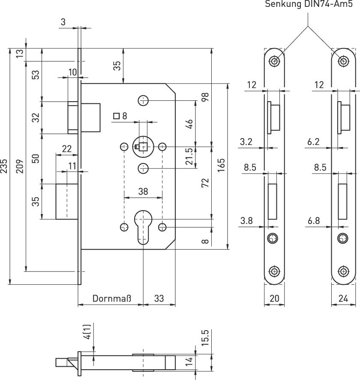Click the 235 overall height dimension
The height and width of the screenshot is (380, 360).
tap(4, 166)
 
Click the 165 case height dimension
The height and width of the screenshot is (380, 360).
tap(221, 166)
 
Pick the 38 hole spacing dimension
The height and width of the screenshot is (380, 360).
tap(143, 192)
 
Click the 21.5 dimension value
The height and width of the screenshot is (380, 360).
tap(189, 157)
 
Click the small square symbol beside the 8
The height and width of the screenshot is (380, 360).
tap(116, 116)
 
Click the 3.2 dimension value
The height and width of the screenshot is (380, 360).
tap(246, 142)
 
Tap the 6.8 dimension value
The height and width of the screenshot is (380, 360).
tap(313, 220)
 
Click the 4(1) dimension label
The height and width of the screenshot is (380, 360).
tap(87, 332)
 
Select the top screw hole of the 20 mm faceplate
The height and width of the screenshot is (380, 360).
tap(274, 61)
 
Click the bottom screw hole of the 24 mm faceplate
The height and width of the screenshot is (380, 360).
tap(342, 271)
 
